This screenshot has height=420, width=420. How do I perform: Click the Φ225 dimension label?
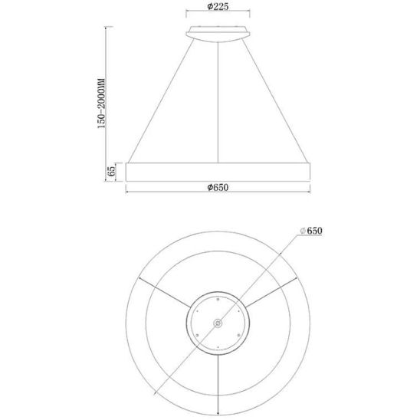218,6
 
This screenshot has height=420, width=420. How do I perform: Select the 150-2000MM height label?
101,103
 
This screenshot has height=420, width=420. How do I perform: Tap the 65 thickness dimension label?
111,171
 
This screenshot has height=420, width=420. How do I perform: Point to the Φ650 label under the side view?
218,187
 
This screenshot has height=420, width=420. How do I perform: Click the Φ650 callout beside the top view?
311,231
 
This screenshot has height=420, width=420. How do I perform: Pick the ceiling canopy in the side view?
218,34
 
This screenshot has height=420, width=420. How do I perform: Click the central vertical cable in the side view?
218,103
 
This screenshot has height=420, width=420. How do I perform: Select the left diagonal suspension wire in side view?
161,100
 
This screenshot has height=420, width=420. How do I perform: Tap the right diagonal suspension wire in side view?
274,100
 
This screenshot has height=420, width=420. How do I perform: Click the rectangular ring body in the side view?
218,172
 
